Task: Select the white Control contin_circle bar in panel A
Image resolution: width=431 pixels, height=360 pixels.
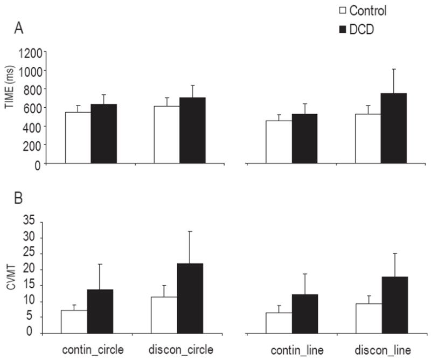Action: pos(78,137)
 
